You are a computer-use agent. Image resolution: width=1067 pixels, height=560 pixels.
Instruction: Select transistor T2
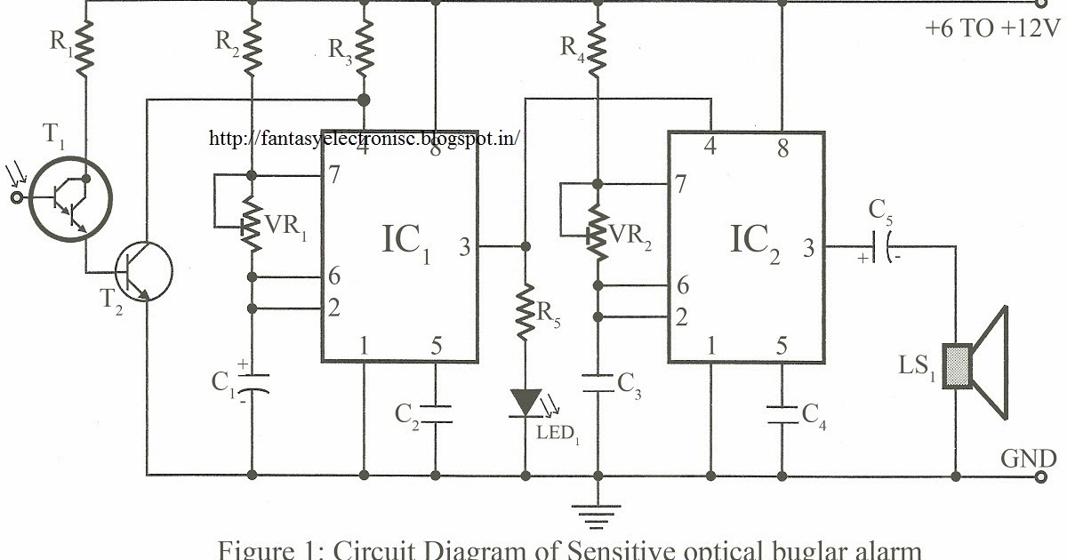click(x=141, y=272)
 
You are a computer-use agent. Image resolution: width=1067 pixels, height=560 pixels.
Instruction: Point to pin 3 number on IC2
click(x=807, y=249)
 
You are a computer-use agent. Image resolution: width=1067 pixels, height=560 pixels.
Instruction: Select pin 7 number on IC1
click(x=334, y=174)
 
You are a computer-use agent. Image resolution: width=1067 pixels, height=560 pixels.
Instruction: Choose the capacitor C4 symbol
click(x=782, y=413)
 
